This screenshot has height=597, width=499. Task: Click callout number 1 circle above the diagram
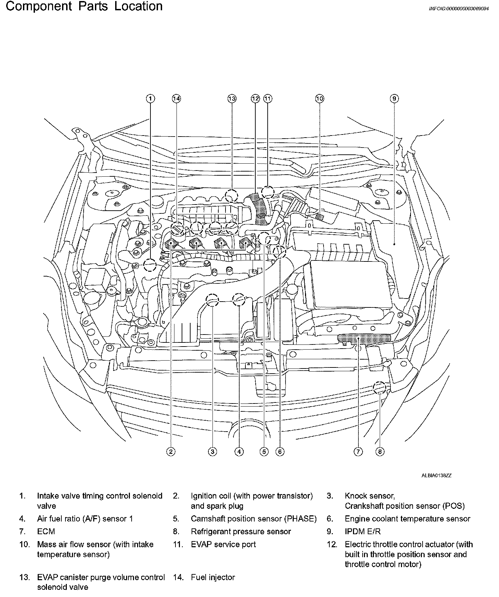point(150,99)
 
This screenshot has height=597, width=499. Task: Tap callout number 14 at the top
point(176,99)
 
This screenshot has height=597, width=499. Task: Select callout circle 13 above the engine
point(232,99)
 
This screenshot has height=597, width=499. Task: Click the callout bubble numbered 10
point(319,99)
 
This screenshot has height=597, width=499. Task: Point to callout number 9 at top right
point(394,99)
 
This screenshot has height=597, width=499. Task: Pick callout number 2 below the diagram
point(171,452)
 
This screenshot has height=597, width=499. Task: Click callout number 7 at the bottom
point(358,452)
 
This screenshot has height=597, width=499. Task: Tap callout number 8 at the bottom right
point(380,452)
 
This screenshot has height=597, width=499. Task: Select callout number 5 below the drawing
point(264,452)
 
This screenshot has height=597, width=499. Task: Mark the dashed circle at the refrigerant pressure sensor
point(379,388)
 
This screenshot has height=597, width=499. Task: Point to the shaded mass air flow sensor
point(319,216)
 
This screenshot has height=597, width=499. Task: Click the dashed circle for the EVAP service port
point(268,192)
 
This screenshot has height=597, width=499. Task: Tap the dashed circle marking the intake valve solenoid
point(150,265)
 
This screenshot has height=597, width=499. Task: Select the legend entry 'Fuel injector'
point(213,577)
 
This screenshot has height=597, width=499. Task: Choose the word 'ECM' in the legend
point(46,531)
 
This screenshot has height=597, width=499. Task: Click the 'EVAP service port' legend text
point(223,544)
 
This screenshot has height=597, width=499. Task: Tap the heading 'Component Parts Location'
point(84,6)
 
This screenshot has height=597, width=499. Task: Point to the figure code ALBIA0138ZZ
point(436,476)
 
